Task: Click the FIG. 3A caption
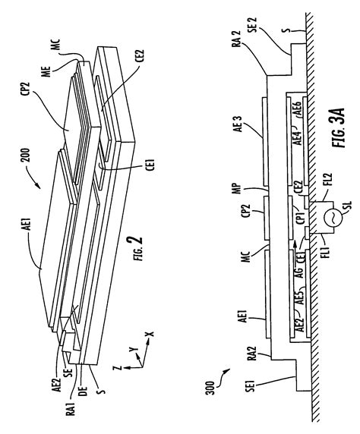(339, 127)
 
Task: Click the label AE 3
(239, 124)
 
